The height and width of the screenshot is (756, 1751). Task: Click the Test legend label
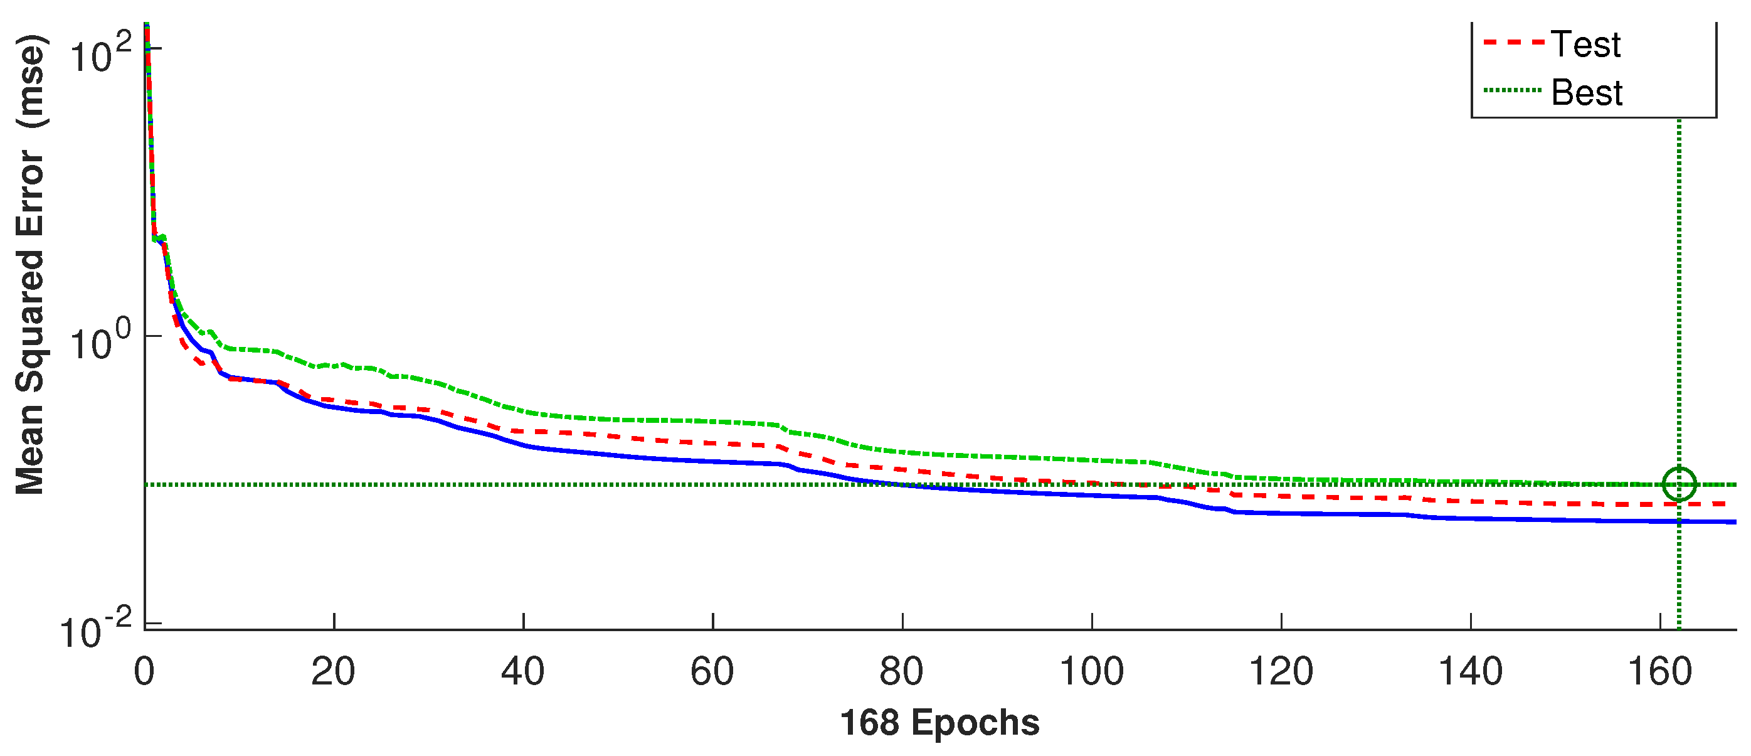1585,45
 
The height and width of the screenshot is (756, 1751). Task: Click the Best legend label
1587,92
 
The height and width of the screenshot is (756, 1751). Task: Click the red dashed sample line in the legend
1513,42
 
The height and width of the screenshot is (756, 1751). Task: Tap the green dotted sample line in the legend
1513,90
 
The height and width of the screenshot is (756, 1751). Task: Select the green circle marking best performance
1679,485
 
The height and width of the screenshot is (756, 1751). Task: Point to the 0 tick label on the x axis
144,672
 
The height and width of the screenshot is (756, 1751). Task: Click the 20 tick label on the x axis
333,672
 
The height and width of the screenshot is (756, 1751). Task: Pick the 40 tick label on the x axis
522,672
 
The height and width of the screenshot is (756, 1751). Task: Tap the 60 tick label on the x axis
712,672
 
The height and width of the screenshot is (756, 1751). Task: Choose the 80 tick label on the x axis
901,672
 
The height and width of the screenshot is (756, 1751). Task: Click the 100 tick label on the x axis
1092,672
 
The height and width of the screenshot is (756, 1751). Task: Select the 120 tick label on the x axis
1281,672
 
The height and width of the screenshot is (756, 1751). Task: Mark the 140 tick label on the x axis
1470,672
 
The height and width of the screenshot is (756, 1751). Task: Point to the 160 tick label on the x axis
1660,672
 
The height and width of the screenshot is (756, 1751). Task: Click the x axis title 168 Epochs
939,723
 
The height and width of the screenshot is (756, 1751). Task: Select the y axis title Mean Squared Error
31,265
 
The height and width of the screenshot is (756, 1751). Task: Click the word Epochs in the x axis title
975,723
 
